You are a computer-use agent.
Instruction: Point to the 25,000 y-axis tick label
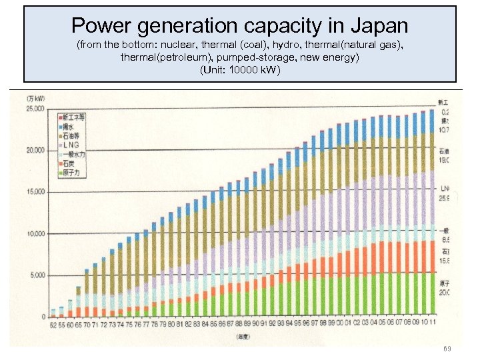35,108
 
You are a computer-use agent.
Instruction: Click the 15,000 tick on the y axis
35,192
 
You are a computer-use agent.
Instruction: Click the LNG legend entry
73,145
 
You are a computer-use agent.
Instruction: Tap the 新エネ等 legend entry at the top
73,116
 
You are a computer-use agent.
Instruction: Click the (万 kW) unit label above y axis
35,99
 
